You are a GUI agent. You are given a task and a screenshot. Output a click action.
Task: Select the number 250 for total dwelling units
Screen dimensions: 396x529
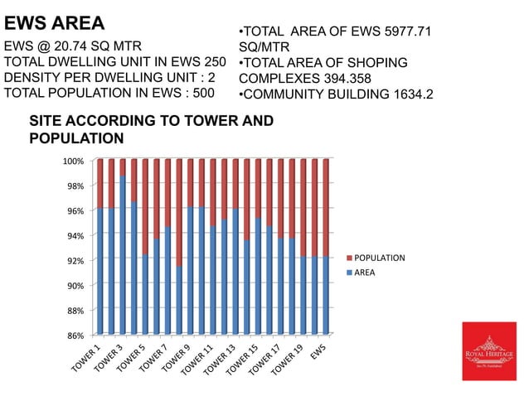pos(214,62)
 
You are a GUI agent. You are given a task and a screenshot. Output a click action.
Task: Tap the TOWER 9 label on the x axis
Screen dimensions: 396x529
pos(176,355)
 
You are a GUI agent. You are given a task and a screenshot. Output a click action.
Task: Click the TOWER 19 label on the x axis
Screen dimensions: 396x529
pos(285,357)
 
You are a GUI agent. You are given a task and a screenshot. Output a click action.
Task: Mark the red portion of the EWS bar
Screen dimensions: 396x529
pos(325,207)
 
